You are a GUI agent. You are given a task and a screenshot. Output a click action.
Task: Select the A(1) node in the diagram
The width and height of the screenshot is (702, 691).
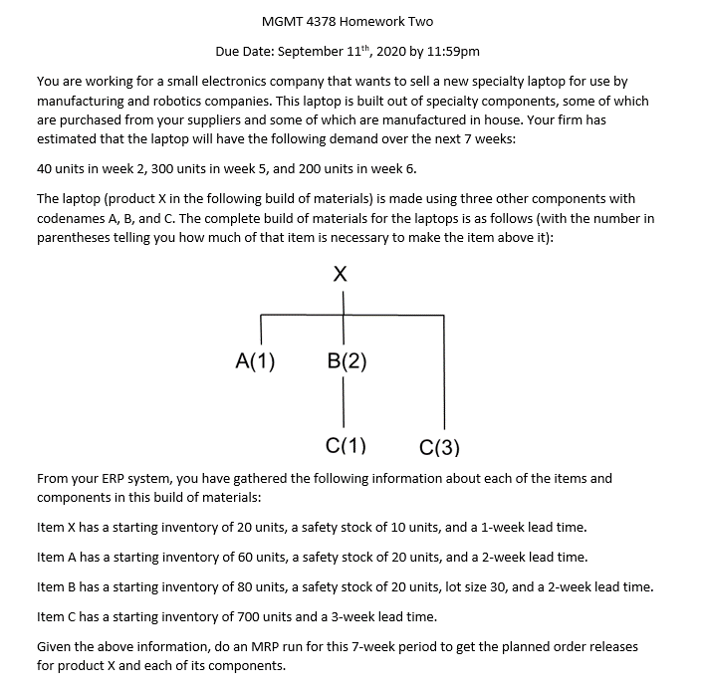pos(255,361)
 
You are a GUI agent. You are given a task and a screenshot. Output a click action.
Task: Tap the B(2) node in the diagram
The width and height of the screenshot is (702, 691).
pos(346,361)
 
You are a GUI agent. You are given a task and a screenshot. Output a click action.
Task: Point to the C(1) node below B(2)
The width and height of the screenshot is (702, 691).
pos(346,445)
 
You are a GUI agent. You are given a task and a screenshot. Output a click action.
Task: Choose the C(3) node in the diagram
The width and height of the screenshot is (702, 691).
pos(440,447)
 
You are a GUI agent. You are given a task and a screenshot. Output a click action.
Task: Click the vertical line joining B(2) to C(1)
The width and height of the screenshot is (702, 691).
pos(345,403)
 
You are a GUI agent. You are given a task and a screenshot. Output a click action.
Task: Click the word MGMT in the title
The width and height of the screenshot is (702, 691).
pos(281,21)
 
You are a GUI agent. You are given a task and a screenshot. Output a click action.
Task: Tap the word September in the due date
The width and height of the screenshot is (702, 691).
pos(315,51)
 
